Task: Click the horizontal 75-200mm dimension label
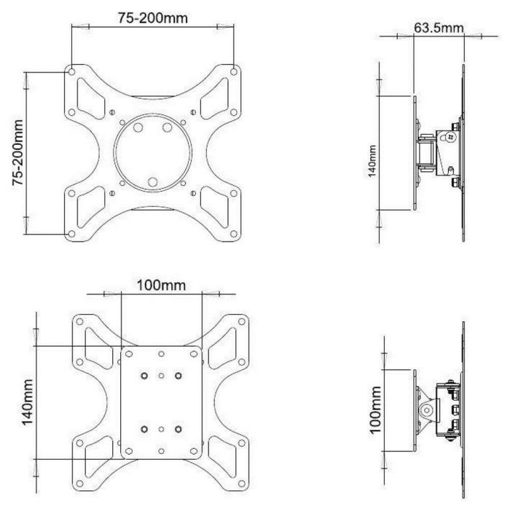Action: (x=152, y=17)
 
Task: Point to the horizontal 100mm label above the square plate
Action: (x=161, y=284)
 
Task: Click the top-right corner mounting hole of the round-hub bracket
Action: (x=233, y=71)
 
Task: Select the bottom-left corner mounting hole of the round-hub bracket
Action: (x=71, y=233)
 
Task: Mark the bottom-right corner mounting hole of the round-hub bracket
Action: (x=233, y=233)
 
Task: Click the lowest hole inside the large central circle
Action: (x=152, y=182)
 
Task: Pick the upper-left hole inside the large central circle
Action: (x=138, y=127)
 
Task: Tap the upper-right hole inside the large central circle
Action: (x=167, y=127)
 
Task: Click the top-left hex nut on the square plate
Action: (x=144, y=375)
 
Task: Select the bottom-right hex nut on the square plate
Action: (x=177, y=428)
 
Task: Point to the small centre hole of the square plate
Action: (x=161, y=401)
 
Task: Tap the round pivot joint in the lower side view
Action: (x=427, y=409)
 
